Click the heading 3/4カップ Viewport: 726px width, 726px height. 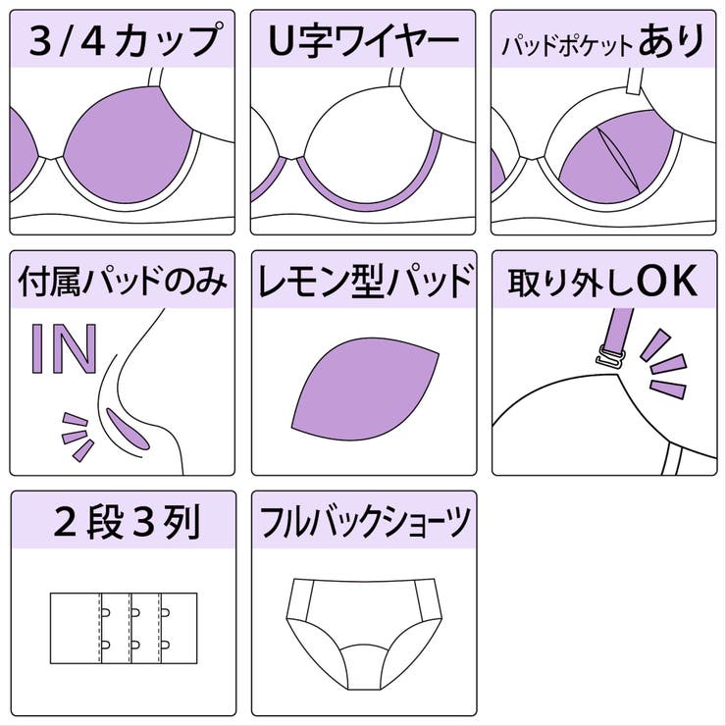pyautogui.click(x=123, y=41)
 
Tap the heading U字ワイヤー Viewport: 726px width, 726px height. pyautogui.click(x=363, y=41)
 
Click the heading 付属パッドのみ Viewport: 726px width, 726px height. pyautogui.click(x=123, y=283)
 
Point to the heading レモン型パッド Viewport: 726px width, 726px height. pyautogui.click(x=363, y=283)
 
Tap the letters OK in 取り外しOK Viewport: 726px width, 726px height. pyautogui.click(x=666, y=282)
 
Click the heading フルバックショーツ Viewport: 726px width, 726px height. pyautogui.click(x=363, y=524)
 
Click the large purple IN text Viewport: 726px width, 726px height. pyautogui.click(x=64, y=348)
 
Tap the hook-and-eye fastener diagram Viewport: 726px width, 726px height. pyautogui.click(x=123, y=629)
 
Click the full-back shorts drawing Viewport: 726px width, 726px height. pyautogui.click(x=363, y=623)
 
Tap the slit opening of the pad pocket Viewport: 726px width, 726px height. pyautogui.click(x=609, y=162)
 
